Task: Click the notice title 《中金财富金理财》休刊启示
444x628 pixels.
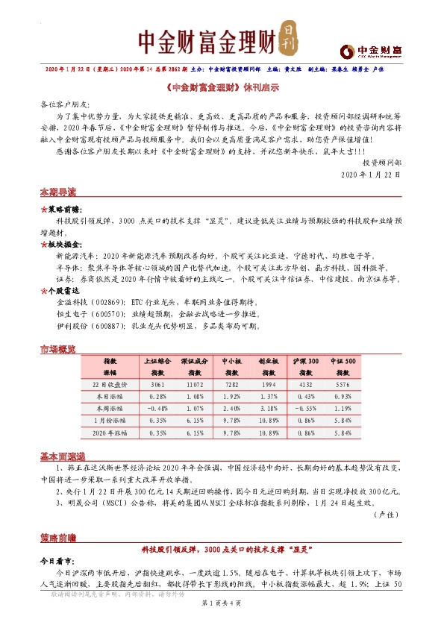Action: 222,87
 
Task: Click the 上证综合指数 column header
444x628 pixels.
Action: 157,365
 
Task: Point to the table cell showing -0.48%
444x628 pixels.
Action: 157,408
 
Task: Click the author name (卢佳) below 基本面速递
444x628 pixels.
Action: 388,515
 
